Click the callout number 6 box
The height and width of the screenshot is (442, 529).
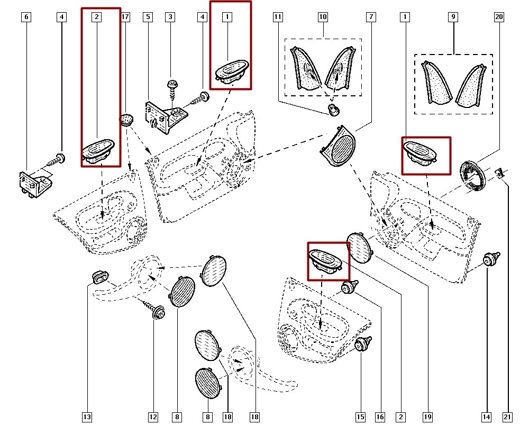click(26, 17)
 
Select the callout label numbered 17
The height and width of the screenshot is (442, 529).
click(125, 17)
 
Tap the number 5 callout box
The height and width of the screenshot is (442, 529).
click(148, 17)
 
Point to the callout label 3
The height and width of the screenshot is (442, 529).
click(170, 17)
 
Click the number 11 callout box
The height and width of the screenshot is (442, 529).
click(277, 17)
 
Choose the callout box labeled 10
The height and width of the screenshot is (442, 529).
click(323, 17)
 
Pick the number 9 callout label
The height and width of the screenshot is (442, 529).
click(453, 17)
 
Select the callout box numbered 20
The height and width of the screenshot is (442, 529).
click(499, 17)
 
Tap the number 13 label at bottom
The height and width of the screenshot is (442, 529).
click(87, 418)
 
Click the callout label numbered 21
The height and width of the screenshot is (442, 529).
click(507, 418)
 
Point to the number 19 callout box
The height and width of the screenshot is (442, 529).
click(427, 418)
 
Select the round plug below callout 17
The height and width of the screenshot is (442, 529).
click(126, 119)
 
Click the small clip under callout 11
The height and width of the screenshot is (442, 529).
click(333, 110)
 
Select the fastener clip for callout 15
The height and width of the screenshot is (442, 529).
click(362, 344)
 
